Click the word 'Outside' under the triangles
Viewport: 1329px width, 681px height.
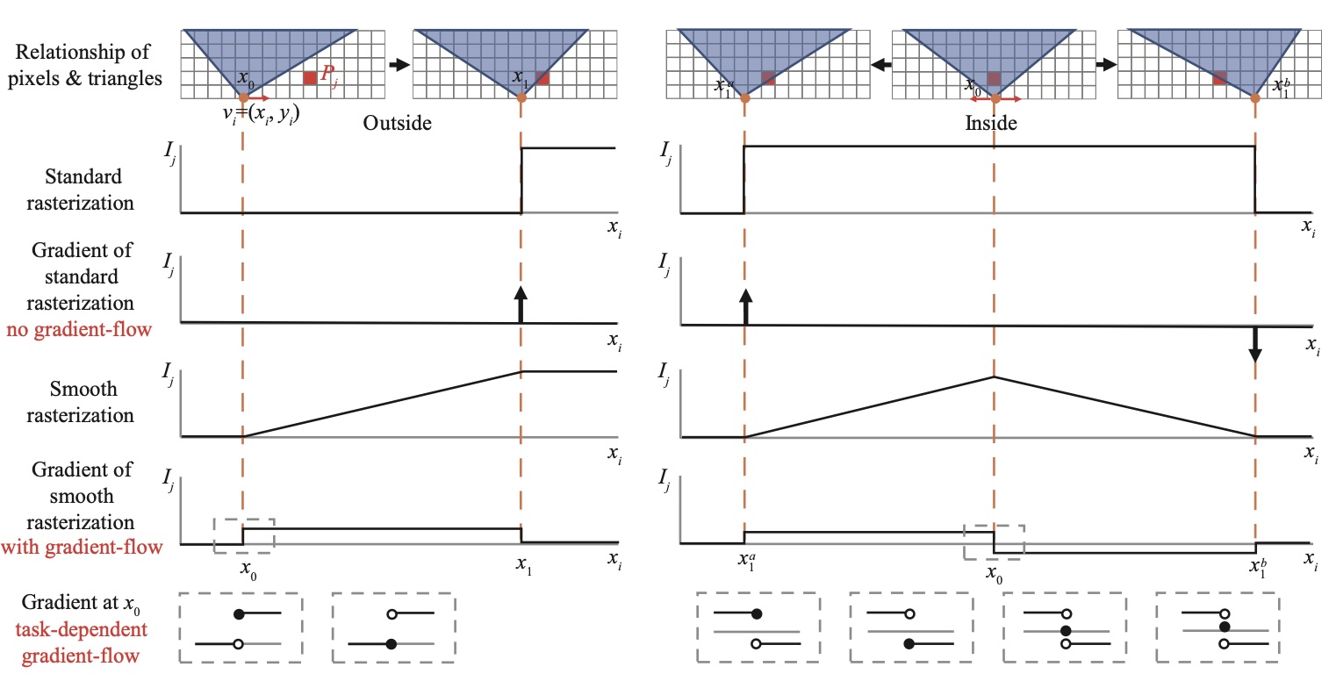(x=398, y=124)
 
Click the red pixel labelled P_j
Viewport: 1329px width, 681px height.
(x=309, y=78)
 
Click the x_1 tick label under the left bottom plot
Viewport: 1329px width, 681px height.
(x=521, y=569)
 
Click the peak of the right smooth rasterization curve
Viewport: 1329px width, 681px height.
(x=994, y=376)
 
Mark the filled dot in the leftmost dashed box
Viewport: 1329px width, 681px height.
(x=238, y=614)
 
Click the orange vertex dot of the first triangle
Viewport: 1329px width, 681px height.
(x=241, y=97)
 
